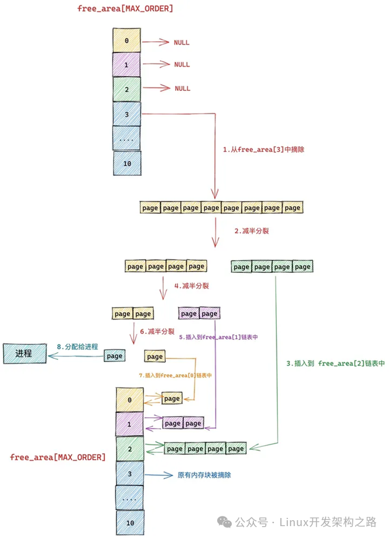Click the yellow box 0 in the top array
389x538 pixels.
pos(126,41)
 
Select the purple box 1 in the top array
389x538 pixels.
pos(126,64)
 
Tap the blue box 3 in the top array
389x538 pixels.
pos(126,114)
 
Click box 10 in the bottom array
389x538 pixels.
pos(130,522)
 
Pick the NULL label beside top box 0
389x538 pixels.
pos(182,43)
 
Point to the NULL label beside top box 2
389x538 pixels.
pos(182,89)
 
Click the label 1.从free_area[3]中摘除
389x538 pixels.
pos(263,150)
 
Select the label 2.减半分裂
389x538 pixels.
pos(252,231)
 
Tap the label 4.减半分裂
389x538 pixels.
pos(192,286)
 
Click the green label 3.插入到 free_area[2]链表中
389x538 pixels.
pos(336,364)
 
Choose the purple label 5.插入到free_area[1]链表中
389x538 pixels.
pos(218,337)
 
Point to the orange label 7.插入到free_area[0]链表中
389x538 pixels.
pos(175,375)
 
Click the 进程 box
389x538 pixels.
pos(25,353)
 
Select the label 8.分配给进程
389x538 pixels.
pos(77,347)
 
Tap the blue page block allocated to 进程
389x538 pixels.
pos(115,356)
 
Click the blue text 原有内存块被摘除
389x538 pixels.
pos(204,475)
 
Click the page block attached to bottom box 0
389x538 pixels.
pos(172,398)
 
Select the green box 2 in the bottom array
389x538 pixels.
pos(130,449)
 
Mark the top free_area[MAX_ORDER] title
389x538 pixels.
pos(125,8)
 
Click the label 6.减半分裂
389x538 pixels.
pos(157,332)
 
